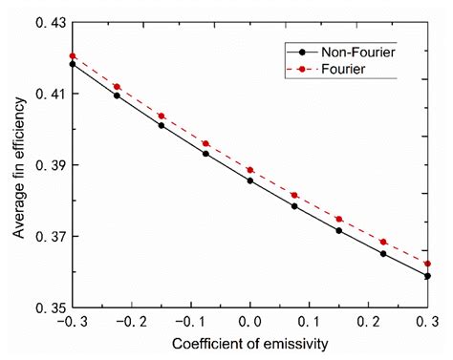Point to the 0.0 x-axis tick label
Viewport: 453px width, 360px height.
tap(250, 324)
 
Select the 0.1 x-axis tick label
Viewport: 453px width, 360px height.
tap(310, 324)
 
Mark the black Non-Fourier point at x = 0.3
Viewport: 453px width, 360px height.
tap(427, 276)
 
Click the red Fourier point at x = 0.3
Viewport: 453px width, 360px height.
tap(427, 264)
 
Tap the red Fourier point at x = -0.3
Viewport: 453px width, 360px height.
tap(73, 56)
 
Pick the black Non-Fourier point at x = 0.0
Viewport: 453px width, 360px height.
tap(250, 180)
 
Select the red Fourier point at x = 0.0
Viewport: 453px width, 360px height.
tap(250, 170)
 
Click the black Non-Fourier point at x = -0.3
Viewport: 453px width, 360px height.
tap(73, 64)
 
